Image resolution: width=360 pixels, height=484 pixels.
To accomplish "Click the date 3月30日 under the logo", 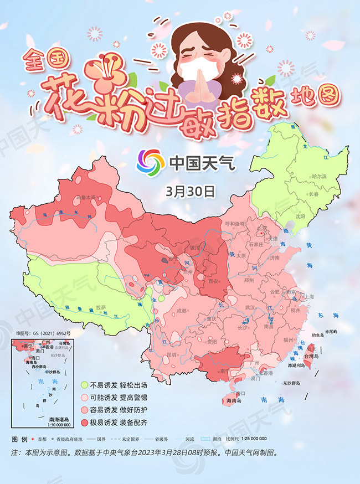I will [189, 192].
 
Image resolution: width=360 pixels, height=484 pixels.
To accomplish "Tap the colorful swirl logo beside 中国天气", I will [151, 162].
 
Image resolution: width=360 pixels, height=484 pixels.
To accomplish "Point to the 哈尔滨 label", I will [320, 176].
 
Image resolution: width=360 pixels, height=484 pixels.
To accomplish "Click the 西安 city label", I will [213, 282].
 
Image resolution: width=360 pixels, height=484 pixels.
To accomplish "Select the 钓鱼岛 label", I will [317, 336].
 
